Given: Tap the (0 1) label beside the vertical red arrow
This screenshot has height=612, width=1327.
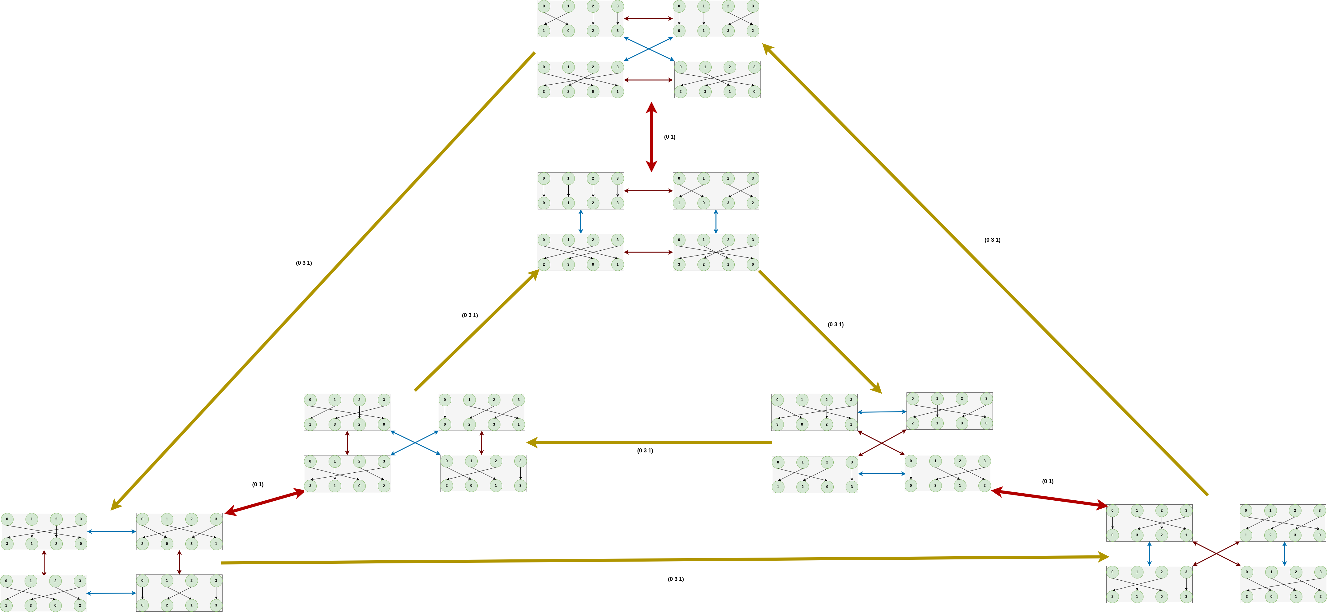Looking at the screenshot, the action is [x=669, y=137].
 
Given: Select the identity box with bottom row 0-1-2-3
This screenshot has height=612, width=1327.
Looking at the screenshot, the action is [x=581, y=191].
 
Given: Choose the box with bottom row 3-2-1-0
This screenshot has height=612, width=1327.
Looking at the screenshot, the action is [x=716, y=252].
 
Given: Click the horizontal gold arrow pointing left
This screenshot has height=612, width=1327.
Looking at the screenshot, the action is [x=649, y=442].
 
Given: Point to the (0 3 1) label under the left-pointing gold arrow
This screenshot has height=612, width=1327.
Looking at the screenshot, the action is [x=645, y=451].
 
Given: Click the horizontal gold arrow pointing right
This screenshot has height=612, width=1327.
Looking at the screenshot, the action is [x=665, y=560].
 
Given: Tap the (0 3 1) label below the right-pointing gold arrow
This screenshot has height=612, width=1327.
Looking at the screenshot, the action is [x=675, y=579].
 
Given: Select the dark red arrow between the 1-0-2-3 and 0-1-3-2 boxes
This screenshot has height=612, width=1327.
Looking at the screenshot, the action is [x=648, y=18].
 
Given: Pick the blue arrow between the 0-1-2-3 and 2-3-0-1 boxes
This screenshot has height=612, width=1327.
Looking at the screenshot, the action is [x=581, y=222].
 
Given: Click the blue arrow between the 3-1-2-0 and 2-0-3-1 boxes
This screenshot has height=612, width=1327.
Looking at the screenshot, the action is [x=111, y=531].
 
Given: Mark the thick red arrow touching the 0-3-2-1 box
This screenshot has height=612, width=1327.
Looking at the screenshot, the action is [x=1049, y=498].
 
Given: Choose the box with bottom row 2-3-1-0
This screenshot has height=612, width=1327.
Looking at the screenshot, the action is [x=717, y=79].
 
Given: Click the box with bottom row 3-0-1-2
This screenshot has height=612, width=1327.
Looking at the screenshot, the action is [x=1283, y=584].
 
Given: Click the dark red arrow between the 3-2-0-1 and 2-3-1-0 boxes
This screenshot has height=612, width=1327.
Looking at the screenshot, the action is [x=648, y=80].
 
